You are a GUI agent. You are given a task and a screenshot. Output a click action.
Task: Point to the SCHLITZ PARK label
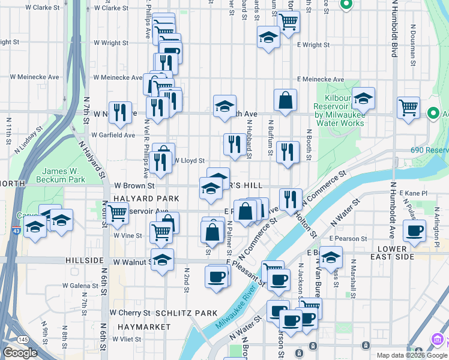click(186, 313)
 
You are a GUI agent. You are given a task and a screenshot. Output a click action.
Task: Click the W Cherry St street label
click(130, 313)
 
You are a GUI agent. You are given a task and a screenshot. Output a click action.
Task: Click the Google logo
click(20, 353)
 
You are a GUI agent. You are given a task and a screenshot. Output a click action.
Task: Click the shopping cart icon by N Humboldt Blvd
click(408, 108)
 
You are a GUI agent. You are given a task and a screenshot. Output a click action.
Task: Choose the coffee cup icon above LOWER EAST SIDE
click(414, 230)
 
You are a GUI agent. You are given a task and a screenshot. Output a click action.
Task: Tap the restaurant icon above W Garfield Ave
click(120, 112)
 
